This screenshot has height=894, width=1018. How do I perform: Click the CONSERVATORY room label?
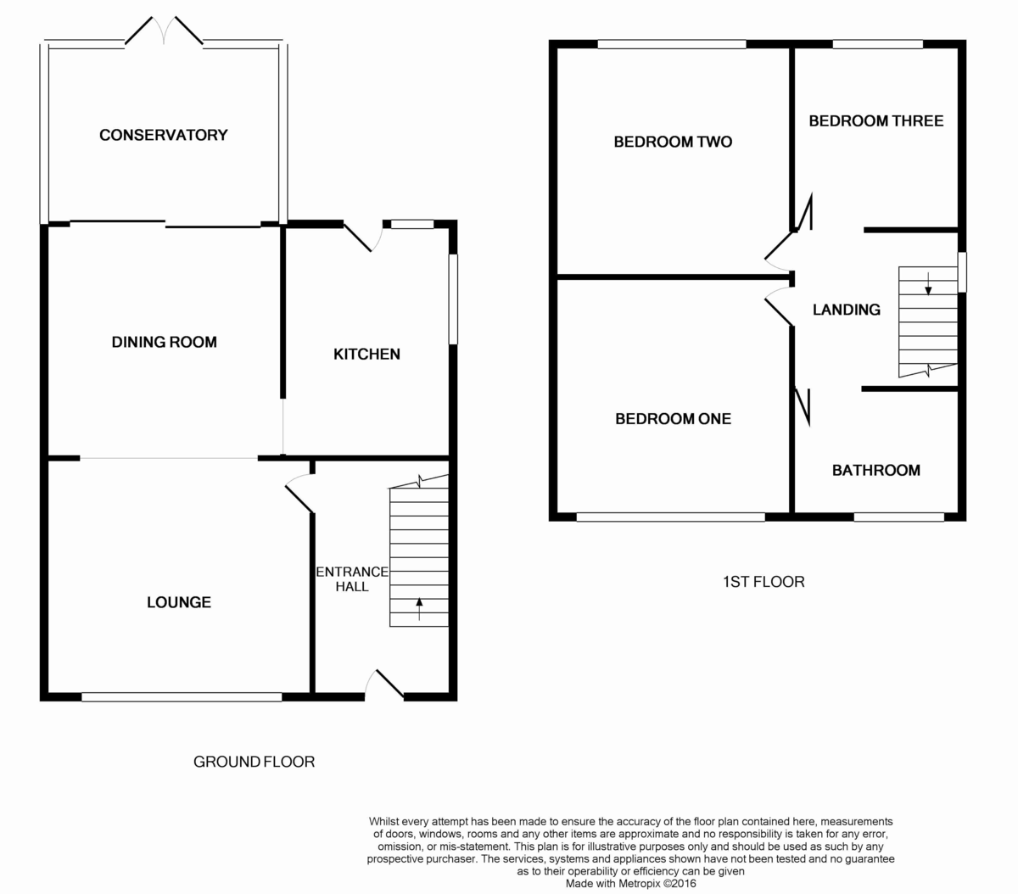coord(163,135)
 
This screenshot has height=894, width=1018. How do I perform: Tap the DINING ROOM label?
coord(165,342)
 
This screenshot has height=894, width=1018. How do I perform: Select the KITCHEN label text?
coord(366,355)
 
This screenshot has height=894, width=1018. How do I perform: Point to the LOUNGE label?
coord(179,602)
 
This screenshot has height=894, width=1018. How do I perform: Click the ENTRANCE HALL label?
coord(352,579)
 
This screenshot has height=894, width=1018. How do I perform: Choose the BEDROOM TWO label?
coord(673,142)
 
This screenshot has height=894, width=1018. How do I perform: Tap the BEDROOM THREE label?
coord(875,120)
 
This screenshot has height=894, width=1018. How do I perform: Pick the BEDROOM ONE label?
coord(673,419)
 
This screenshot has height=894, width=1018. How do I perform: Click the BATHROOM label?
coord(875,471)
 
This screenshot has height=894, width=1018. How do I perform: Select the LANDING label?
coord(846,310)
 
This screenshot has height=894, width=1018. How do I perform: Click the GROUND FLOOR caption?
coord(254,762)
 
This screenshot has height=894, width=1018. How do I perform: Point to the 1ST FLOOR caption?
coord(763,582)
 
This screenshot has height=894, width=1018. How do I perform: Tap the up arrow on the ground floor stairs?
coord(419,608)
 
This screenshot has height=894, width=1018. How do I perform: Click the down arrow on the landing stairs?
coord(928,283)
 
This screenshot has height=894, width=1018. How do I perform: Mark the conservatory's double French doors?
coord(164,31)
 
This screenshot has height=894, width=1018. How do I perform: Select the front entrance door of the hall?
coord(385,684)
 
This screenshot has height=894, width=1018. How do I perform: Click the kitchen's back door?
coord(363,236)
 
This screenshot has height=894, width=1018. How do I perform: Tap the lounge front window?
coord(182,697)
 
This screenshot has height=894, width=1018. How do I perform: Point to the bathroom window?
coord(899,517)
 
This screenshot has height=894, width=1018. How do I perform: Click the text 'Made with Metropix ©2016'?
coord(630,884)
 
